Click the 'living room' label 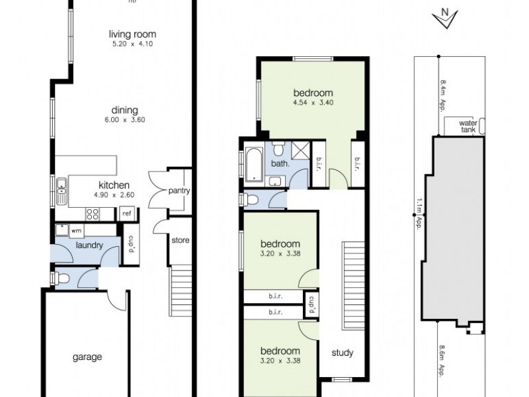point(133,35)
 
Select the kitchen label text point(114,185)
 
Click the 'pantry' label point(179,191)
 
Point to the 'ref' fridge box point(126,214)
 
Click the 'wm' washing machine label point(76,230)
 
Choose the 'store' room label point(180,240)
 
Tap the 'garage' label point(87,357)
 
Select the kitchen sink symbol point(61,191)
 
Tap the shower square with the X point(300,150)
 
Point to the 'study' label point(343,353)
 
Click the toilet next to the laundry point(60,279)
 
